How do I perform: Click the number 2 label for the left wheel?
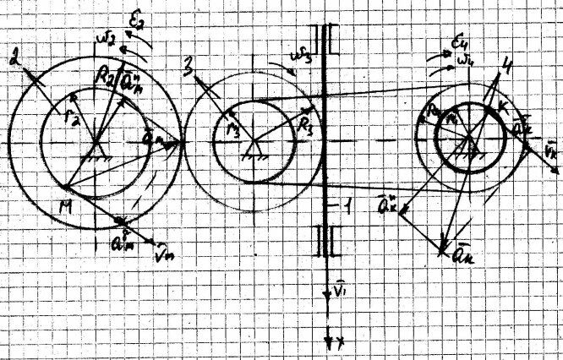[13, 60]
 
